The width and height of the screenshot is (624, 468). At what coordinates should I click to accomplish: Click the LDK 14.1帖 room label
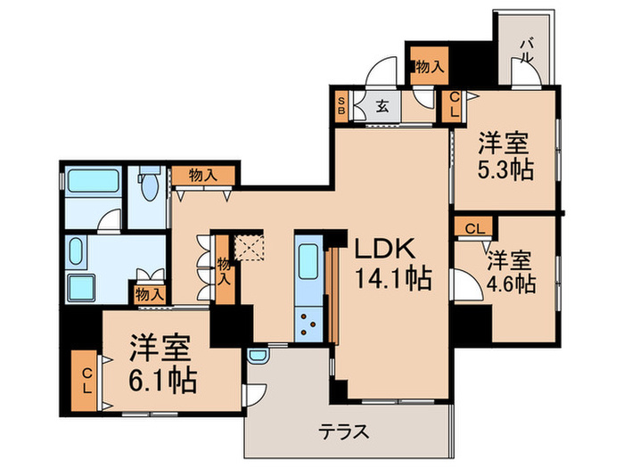pyautogui.click(x=393, y=262)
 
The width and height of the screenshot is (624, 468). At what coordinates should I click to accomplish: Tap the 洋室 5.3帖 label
pyautogui.click(x=505, y=155)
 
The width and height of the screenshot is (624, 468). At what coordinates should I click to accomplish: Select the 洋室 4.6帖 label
pyautogui.click(x=510, y=272)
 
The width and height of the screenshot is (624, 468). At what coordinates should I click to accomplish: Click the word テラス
pyautogui.click(x=344, y=432)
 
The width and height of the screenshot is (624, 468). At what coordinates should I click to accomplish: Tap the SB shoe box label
pyautogui.click(x=341, y=107)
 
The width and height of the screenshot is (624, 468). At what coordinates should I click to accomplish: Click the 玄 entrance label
pyautogui.click(x=382, y=107)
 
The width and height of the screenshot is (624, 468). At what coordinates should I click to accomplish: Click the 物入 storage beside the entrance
pyautogui.click(x=428, y=66)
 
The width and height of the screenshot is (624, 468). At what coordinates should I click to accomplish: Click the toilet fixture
pyautogui.click(x=147, y=186)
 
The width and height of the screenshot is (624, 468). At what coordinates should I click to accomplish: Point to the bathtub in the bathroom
pyautogui.click(x=92, y=183)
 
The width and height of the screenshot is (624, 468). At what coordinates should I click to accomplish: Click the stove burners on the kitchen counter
pyautogui.click(x=308, y=322)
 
